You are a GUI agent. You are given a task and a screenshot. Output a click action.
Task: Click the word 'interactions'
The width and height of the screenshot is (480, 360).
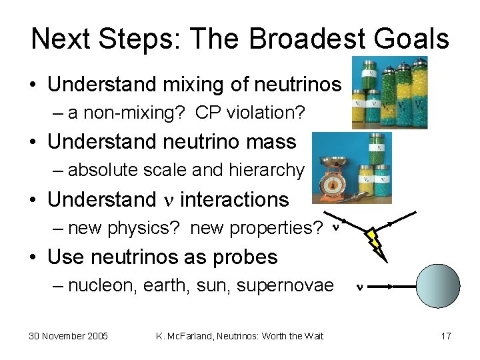(234, 199)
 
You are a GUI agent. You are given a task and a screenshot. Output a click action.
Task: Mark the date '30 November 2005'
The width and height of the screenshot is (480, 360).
(68, 335)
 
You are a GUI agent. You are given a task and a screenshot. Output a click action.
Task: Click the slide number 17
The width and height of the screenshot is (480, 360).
(445, 335)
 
